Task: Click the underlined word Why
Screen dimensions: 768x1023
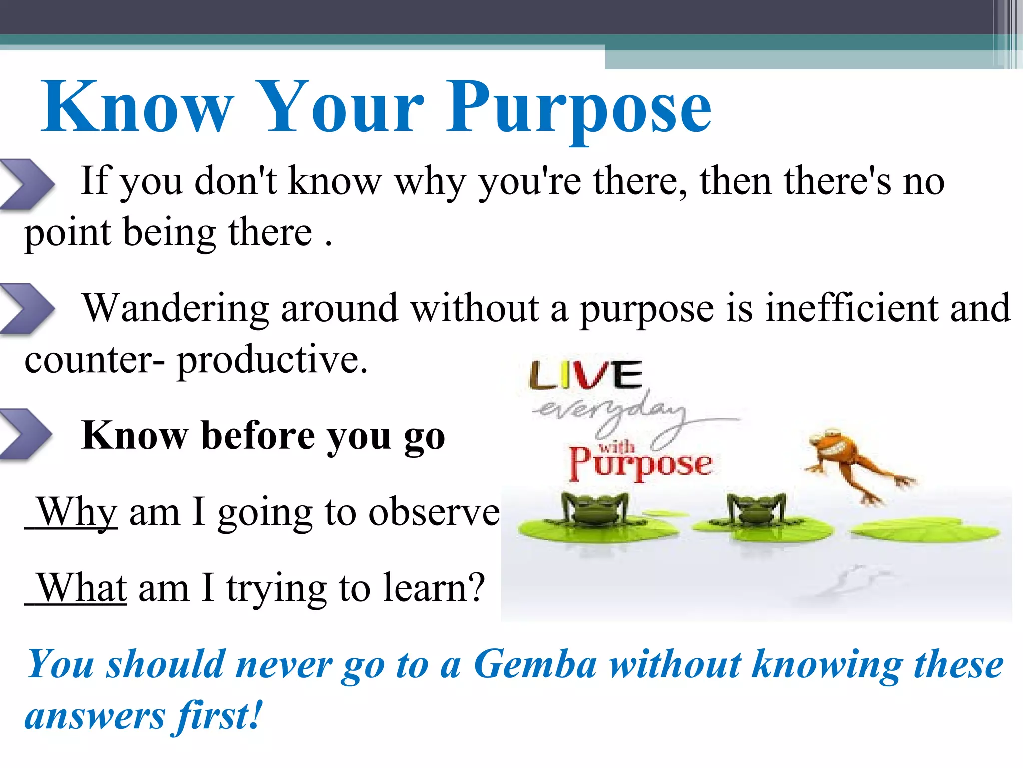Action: pyautogui.click(x=77, y=512)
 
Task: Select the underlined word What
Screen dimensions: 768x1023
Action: pyautogui.click(x=82, y=588)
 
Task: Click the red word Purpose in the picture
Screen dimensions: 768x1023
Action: pyautogui.click(x=640, y=464)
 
